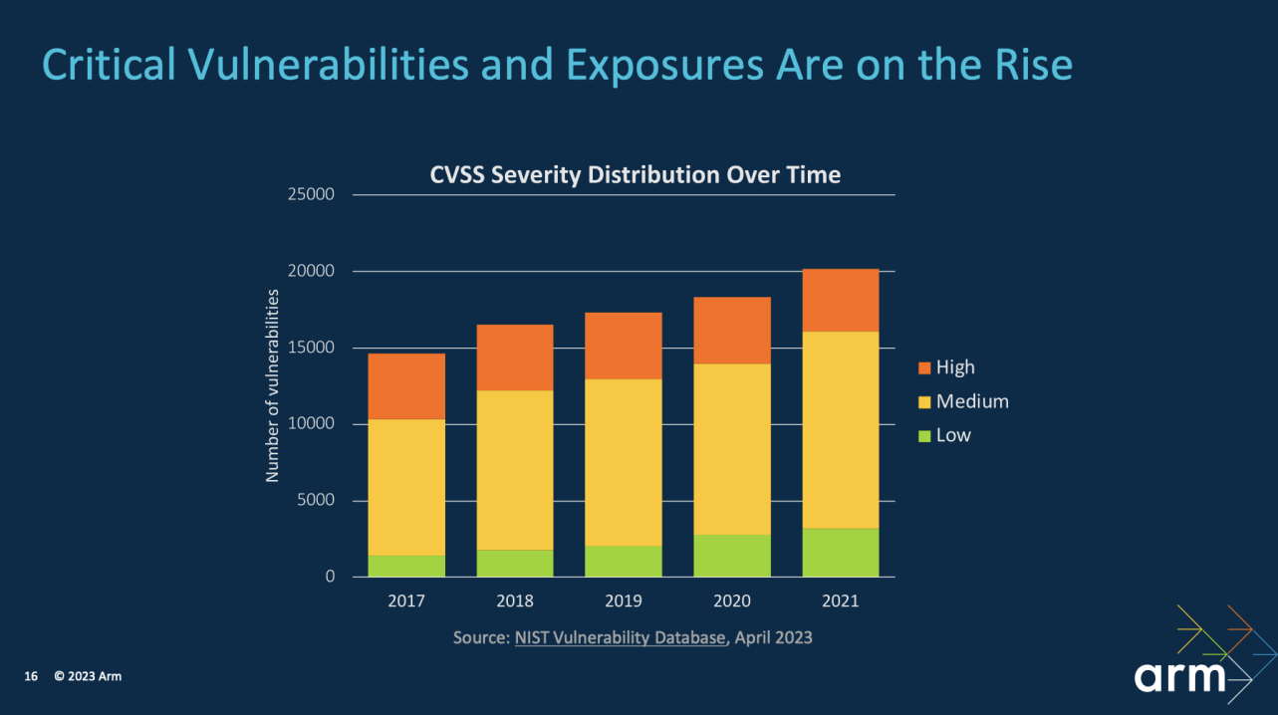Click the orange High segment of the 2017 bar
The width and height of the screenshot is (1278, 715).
click(x=406, y=386)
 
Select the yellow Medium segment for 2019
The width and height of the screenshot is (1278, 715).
click(x=624, y=462)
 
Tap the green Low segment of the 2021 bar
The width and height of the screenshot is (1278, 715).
click(x=840, y=553)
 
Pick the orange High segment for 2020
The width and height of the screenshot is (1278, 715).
click(x=732, y=331)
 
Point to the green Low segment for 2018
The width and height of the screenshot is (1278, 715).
click(x=515, y=564)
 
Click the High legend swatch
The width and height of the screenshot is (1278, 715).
click(x=923, y=367)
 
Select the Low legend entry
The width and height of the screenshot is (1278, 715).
click(x=952, y=435)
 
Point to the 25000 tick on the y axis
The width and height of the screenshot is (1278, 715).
click(x=312, y=194)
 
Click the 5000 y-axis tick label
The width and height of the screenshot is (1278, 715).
click(x=317, y=501)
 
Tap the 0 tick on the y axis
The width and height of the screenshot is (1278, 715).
click(x=330, y=578)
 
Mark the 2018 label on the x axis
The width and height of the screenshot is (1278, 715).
click(x=515, y=601)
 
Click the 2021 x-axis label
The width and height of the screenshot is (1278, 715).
click(x=840, y=601)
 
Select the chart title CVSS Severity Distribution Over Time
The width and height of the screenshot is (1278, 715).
click(x=635, y=175)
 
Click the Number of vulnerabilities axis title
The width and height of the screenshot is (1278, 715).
click(x=272, y=386)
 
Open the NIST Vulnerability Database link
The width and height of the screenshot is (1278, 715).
click(x=620, y=637)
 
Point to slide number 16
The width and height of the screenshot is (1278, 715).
click(x=31, y=677)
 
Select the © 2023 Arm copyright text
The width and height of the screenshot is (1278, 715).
click(x=88, y=677)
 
